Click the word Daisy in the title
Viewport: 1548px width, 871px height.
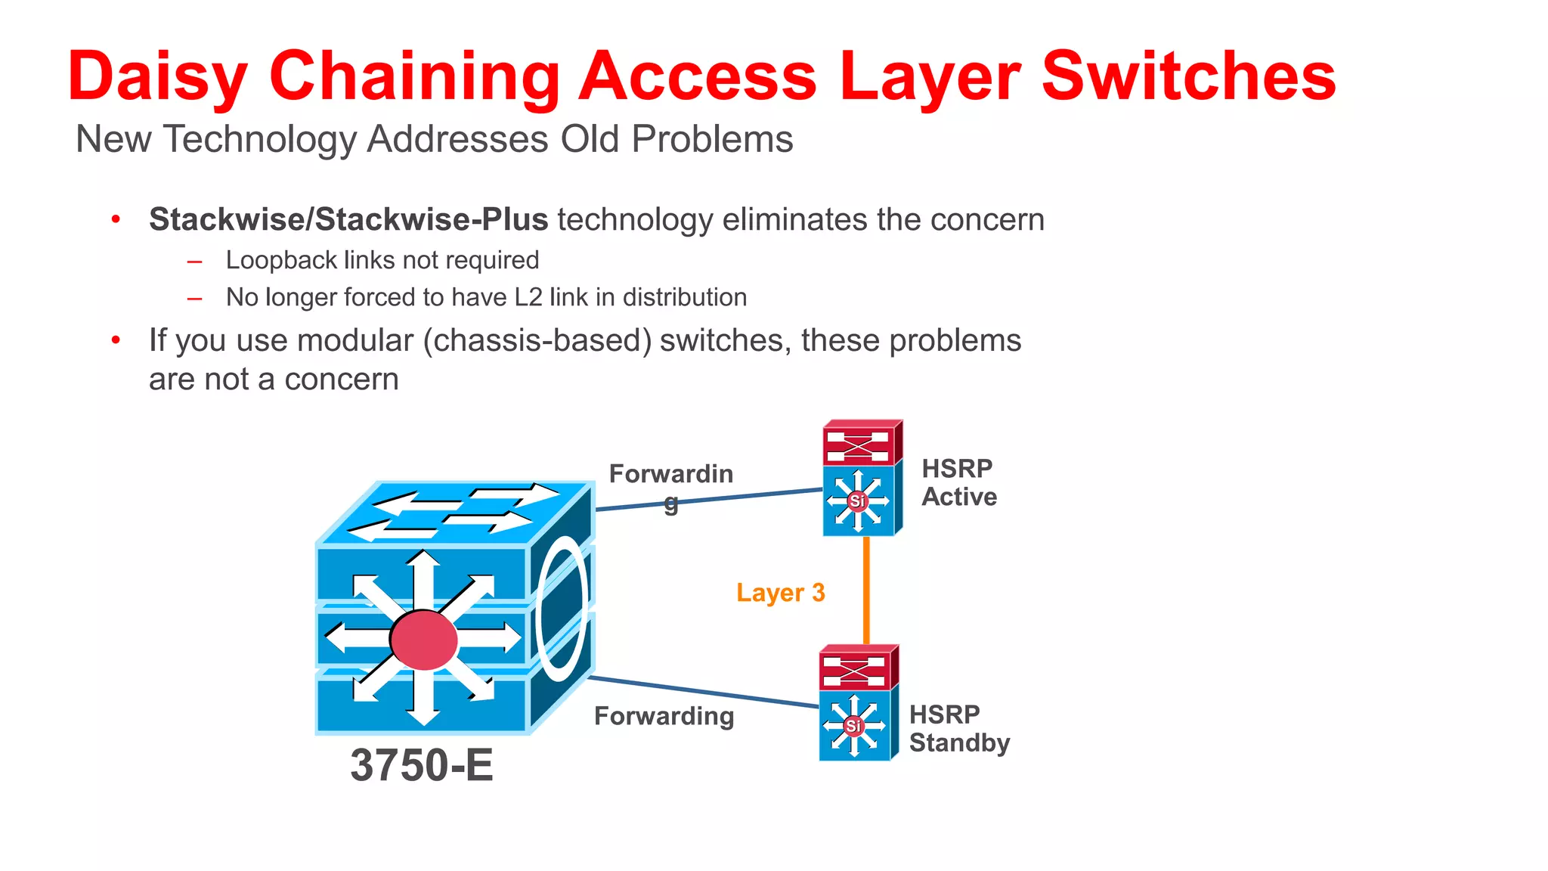click(x=157, y=76)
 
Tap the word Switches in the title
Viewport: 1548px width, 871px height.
click(x=1188, y=76)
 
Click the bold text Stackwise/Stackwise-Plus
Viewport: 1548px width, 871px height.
click(x=348, y=219)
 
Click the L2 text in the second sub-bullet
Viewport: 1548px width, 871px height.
click(x=528, y=297)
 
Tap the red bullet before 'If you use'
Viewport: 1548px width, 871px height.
click(x=116, y=340)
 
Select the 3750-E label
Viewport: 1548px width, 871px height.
click(x=421, y=765)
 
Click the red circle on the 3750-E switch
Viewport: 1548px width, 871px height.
click(x=424, y=640)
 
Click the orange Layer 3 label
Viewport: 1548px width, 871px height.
click(x=780, y=593)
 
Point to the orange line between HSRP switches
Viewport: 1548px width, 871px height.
click(x=866, y=590)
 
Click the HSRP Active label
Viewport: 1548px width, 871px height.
click(x=958, y=482)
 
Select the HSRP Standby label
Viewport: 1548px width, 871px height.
click(x=958, y=728)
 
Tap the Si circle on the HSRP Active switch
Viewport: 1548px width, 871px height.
click(x=857, y=501)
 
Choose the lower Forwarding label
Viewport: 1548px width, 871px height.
click(x=664, y=716)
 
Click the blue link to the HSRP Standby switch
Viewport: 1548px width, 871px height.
click(x=703, y=692)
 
